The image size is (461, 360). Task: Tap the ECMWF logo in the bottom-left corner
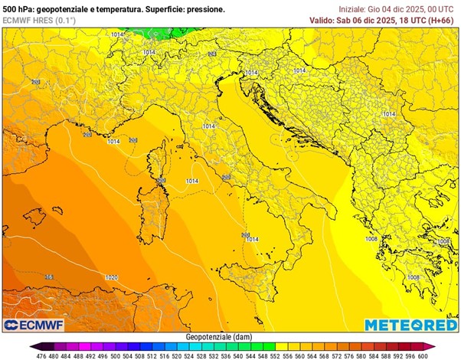click(x=31, y=325)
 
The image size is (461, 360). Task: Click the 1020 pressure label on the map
click(x=112, y=277)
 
